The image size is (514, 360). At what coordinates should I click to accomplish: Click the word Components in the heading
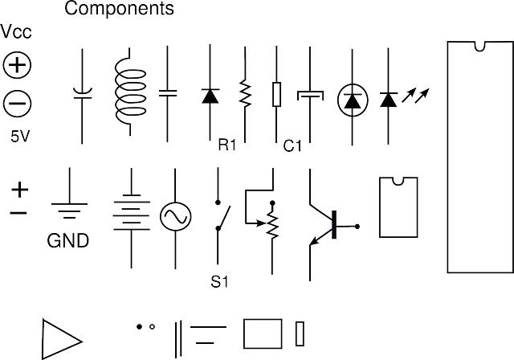(119, 10)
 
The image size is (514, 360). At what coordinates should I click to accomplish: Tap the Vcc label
(17, 33)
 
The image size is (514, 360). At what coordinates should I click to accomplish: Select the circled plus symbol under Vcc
(18, 65)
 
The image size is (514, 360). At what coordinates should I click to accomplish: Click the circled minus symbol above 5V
(18, 102)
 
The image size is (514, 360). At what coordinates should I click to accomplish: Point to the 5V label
(20, 136)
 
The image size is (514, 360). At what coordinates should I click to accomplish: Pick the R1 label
(227, 145)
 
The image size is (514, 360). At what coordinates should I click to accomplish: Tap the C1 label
(292, 146)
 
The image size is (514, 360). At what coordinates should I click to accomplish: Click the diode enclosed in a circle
(353, 100)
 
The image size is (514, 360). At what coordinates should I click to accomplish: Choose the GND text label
(68, 241)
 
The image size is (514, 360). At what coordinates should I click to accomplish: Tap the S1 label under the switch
(219, 282)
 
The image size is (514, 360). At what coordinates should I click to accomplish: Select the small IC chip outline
(398, 207)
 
